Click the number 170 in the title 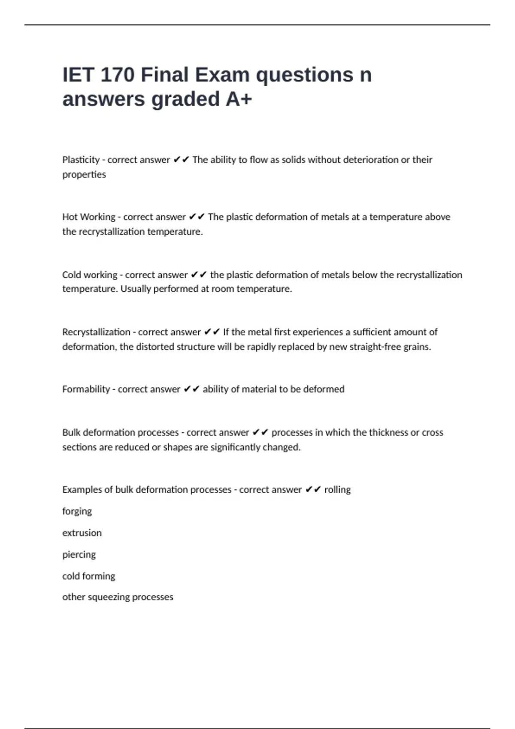coord(117,75)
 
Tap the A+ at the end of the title coord(239,99)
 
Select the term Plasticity coord(81,160)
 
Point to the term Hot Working coord(89,217)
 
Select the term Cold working coord(90,275)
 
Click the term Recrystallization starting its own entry coord(96,332)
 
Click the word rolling coord(337,490)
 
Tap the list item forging coord(77,512)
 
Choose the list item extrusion coord(82,533)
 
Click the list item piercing coord(79,555)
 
